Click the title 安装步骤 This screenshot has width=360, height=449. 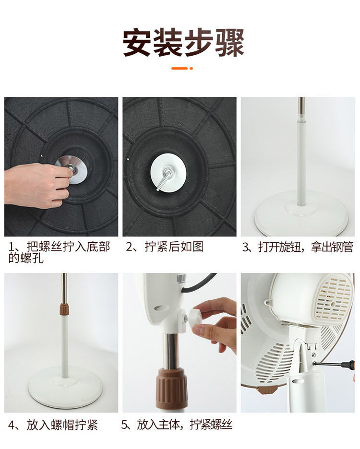[183, 42]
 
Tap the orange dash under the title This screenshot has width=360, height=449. [180, 69]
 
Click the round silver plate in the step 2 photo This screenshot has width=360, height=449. [168, 173]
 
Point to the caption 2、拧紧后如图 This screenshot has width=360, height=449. [165, 247]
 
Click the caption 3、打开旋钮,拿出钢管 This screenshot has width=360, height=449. [297, 247]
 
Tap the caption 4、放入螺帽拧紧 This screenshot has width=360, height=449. [53, 425]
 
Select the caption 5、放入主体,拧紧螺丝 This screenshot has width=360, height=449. [177, 425]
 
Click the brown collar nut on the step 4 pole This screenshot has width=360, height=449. [64, 310]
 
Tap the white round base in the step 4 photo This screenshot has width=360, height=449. [65, 387]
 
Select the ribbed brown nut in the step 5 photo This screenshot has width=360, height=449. [172, 389]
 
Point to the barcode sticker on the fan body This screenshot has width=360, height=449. [181, 278]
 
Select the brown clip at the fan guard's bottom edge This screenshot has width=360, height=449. [266, 390]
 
